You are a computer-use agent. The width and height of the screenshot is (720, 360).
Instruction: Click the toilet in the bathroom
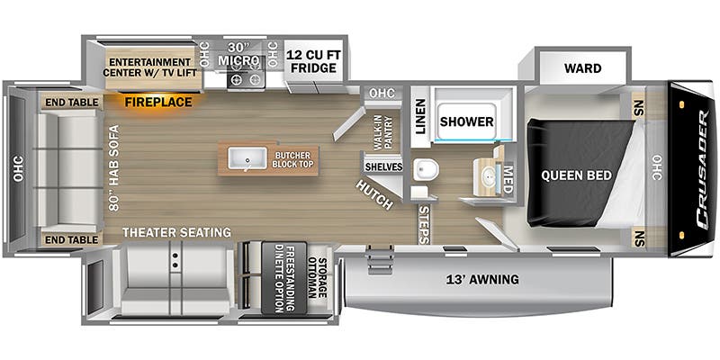pos(426,169)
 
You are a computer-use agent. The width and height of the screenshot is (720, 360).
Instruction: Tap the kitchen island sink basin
pos(247,158)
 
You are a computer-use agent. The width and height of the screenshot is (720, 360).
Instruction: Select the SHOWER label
pos(466,121)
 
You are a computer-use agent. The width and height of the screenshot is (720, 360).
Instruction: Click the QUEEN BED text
pos(576,175)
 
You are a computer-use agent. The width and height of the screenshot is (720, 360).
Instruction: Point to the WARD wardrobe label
pos(582,68)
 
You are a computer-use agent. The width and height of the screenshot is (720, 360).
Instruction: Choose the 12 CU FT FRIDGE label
pos(311,62)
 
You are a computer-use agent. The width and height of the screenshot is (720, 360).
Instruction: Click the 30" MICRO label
pos(238,54)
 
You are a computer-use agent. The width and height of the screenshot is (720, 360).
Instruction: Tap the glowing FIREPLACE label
pos(158,102)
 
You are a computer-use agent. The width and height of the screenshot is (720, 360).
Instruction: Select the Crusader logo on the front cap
pos(703,170)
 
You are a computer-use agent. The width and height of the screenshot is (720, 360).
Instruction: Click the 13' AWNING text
pos(482,279)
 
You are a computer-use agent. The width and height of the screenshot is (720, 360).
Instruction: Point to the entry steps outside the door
pos(380,260)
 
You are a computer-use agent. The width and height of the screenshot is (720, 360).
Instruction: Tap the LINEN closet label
pos(420,116)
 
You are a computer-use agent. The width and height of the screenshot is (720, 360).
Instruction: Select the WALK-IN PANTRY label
pos(383,132)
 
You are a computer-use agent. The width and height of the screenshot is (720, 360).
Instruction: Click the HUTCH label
pos(374,195)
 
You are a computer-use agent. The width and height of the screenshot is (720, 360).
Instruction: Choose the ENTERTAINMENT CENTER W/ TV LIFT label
pos(149,67)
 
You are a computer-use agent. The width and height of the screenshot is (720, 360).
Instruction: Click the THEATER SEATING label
pos(176,232)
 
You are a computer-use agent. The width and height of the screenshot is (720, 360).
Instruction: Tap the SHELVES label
pos(384,167)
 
